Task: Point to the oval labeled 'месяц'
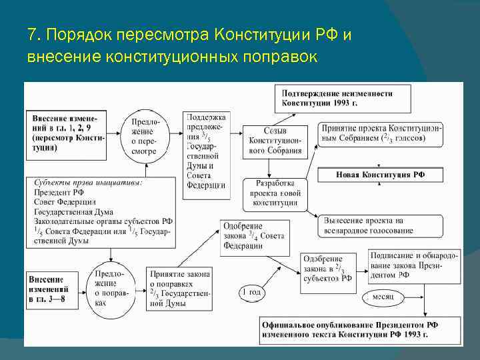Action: [383, 296]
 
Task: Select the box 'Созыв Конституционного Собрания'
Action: [275, 140]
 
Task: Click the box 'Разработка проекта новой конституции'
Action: [275, 194]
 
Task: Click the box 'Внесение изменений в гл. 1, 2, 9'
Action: [66, 133]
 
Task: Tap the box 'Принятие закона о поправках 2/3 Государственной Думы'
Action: [181, 288]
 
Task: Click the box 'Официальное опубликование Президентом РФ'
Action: [351, 329]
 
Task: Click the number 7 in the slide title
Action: [31, 33]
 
